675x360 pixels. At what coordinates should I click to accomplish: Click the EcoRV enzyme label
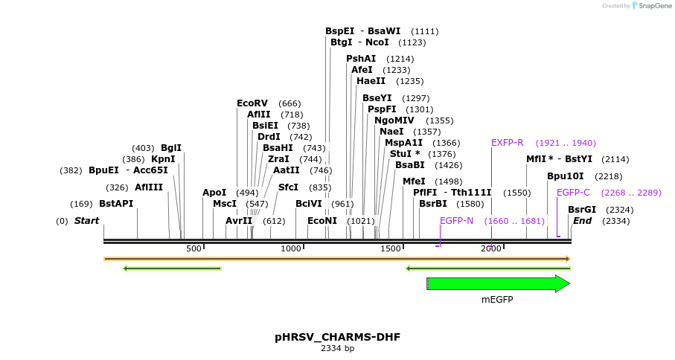pyautogui.click(x=252, y=103)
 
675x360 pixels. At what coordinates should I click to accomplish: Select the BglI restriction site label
pyautogui.click(x=171, y=148)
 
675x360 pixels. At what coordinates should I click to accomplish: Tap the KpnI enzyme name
pyautogui.click(x=163, y=159)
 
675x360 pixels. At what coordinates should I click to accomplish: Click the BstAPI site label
pyautogui.click(x=116, y=204)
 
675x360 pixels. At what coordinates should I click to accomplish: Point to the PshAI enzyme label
pyautogui.click(x=361, y=59)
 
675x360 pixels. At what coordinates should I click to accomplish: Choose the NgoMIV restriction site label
pyautogui.click(x=394, y=120)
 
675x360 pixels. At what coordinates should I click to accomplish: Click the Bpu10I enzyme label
pyautogui.click(x=565, y=176)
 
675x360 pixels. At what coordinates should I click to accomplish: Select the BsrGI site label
pyautogui.click(x=582, y=210)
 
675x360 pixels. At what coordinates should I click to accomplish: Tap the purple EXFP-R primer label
pyautogui.click(x=507, y=143)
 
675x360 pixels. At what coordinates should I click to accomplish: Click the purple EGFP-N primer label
pyautogui.click(x=456, y=221)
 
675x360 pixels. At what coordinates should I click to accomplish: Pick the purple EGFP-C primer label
pyautogui.click(x=573, y=193)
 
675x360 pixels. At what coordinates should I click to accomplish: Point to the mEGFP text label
pyautogui.click(x=497, y=300)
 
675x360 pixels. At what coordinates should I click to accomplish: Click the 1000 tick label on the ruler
pyautogui.click(x=291, y=248)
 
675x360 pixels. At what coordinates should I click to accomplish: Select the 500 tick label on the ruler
pyautogui.click(x=193, y=248)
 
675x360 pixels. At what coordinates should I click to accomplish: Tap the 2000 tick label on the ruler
pyautogui.click(x=490, y=248)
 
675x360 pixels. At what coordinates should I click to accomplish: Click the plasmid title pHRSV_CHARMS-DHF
pyautogui.click(x=337, y=337)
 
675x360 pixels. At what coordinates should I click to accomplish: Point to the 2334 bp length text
pyautogui.click(x=337, y=348)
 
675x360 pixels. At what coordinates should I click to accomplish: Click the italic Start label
pyautogui.click(x=86, y=221)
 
